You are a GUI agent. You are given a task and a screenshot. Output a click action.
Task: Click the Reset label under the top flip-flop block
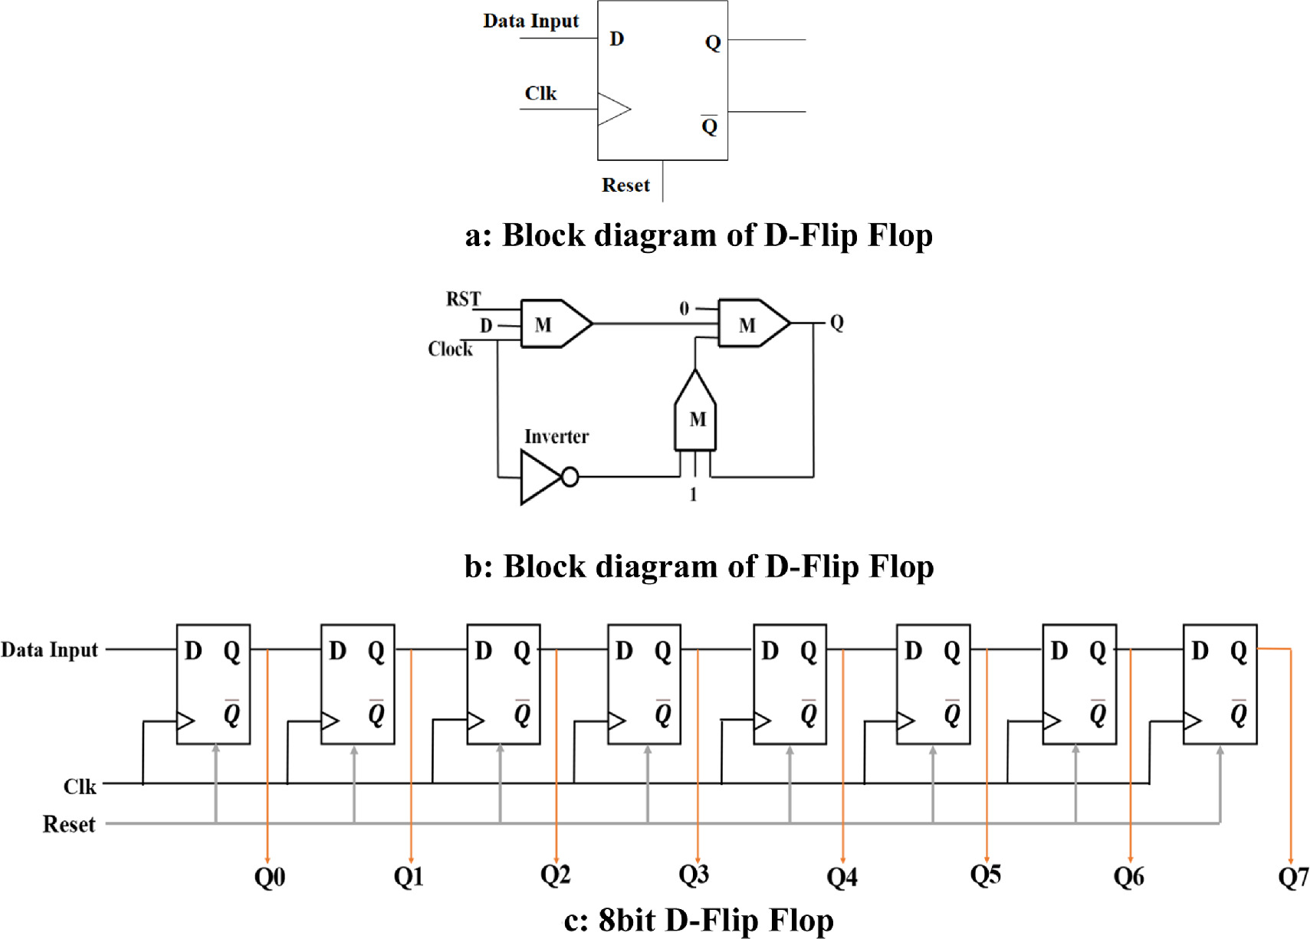(625, 186)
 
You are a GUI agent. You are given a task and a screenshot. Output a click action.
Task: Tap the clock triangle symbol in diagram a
(612, 109)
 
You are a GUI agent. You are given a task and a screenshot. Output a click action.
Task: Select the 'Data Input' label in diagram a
(530, 21)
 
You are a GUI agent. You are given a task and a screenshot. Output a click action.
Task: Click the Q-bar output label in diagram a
(710, 126)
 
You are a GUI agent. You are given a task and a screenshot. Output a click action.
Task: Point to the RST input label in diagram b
(463, 299)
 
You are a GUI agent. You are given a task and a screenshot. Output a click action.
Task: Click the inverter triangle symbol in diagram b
(540, 478)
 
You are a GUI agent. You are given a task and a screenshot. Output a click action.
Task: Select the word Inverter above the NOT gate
(556, 437)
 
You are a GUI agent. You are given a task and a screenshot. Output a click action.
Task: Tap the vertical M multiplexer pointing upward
(695, 414)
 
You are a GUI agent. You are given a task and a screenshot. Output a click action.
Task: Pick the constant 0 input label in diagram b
(684, 309)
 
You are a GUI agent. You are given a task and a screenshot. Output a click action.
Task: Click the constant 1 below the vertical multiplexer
(693, 495)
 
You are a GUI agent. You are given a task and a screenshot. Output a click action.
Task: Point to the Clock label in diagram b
(450, 350)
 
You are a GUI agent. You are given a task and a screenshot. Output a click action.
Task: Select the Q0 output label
(270, 877)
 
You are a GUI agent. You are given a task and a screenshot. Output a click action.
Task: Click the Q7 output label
(1292, 877)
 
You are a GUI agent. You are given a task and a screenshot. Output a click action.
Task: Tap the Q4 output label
(842, 877)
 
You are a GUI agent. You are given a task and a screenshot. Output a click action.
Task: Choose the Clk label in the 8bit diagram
(80, 787)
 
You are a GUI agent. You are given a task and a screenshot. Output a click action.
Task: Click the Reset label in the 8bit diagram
(69, 825)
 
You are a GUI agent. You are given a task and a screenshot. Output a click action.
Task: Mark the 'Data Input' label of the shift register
(50, 650)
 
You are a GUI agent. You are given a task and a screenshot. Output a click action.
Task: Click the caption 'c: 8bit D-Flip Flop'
(698, 920)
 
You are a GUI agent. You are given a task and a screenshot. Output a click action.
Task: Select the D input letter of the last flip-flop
(1200, 652)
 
